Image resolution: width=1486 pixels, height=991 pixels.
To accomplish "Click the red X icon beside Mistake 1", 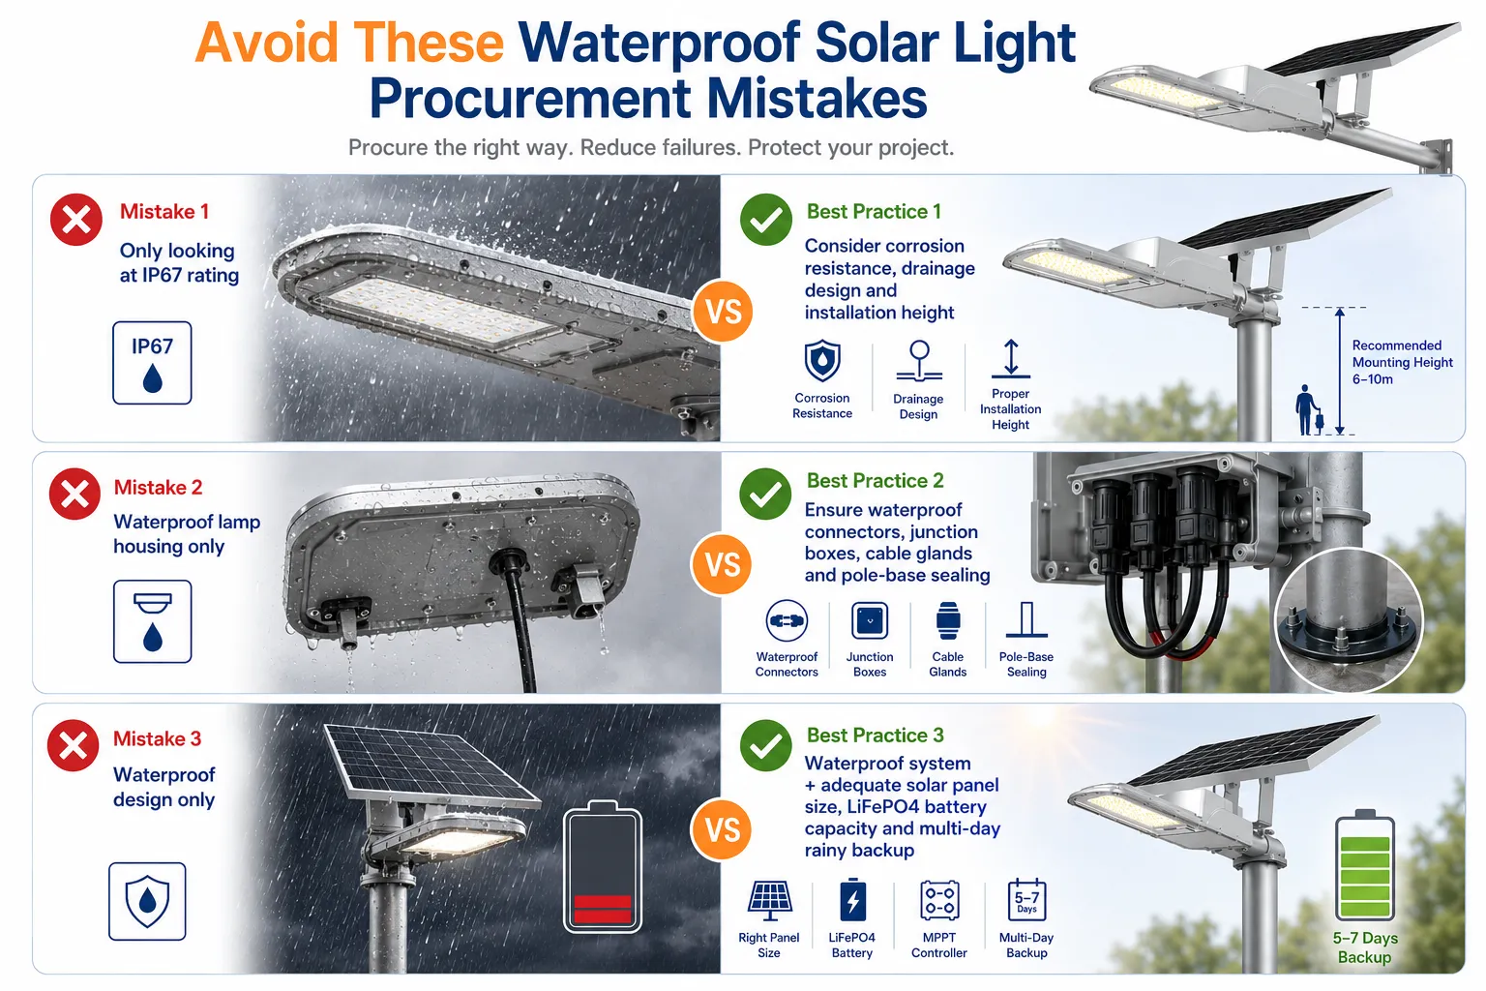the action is (76, 220).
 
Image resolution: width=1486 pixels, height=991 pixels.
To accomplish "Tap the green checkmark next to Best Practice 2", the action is (765, 494).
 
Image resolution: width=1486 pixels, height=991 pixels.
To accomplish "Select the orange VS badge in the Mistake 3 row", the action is (722, 829).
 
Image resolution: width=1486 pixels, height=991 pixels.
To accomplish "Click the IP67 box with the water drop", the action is (152, 363).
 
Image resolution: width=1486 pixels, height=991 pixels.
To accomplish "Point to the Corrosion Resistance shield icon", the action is (822, 362).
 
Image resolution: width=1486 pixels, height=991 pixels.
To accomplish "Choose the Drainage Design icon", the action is (919, 362).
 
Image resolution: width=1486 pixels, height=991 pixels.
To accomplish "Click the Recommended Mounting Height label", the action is (1402, 362).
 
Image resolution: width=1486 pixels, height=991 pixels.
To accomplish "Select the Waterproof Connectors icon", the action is (787, 621).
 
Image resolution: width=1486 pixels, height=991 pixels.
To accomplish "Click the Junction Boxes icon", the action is (870, 621).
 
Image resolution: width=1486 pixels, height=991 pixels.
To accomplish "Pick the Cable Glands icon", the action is (948, 621).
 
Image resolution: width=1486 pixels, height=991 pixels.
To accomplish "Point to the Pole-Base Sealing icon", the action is (1026, 620).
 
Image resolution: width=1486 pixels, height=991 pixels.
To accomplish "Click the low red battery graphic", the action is (603, 866).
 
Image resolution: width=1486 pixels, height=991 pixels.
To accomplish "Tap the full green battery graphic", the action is (1365, 865).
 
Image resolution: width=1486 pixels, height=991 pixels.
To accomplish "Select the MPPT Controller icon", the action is (939, 901).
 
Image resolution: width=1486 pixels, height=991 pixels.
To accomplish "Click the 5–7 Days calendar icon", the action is (1026, 900).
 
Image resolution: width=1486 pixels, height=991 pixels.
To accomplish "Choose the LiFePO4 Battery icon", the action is (852, 900).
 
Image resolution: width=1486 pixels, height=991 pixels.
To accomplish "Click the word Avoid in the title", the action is (267, 43).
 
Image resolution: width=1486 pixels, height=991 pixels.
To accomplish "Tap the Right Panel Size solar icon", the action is (769, 901).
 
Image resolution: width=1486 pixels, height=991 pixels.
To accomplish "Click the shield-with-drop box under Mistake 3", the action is (147, 901).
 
